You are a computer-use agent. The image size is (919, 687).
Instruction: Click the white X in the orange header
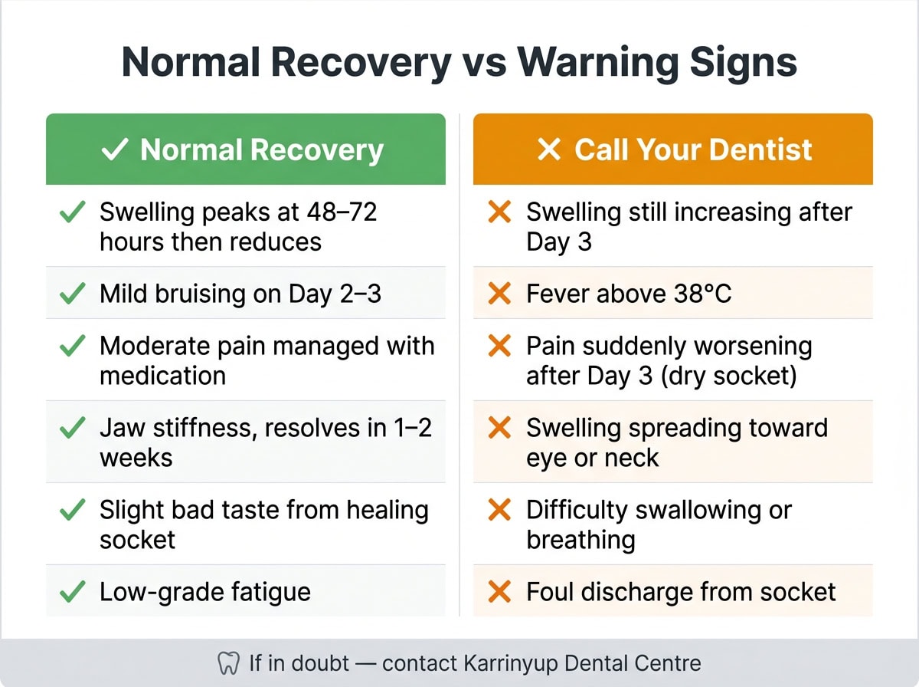click(549, 150)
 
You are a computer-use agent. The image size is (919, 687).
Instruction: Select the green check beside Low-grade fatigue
click(72, 592)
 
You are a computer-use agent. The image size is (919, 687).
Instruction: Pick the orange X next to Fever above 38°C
click(499, 294)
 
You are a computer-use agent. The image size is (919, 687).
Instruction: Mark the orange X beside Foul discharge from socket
click(499, 592)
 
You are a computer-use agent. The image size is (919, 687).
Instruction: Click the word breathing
click(581, 540)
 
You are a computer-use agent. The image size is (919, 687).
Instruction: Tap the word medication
click(162, 376)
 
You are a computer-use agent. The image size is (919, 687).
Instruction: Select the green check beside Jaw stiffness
click(72, 428)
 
